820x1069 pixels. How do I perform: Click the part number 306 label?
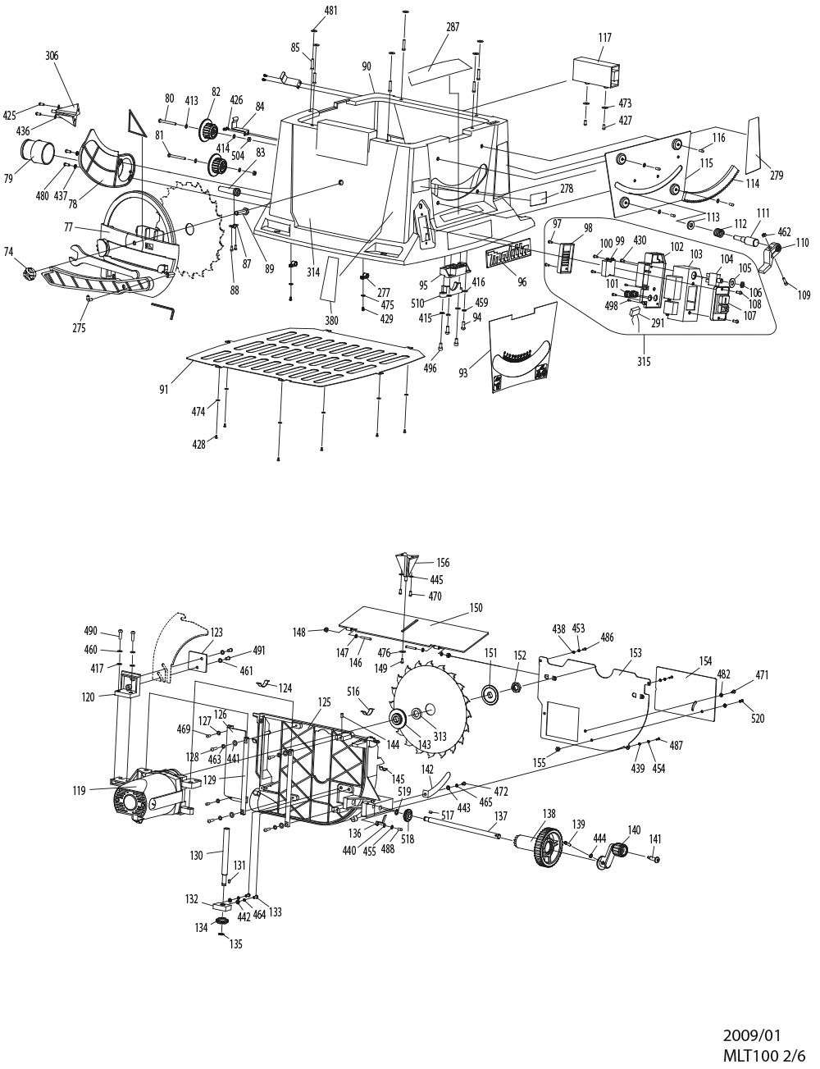tap(52, 56)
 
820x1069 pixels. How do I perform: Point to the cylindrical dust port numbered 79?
tap(38, 151)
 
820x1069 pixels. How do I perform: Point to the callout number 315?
tap(644, 362)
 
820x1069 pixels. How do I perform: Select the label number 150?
tap(476, 608)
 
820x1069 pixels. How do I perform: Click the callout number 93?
tap(463, 373)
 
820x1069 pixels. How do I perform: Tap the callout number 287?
tap(453, 28)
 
